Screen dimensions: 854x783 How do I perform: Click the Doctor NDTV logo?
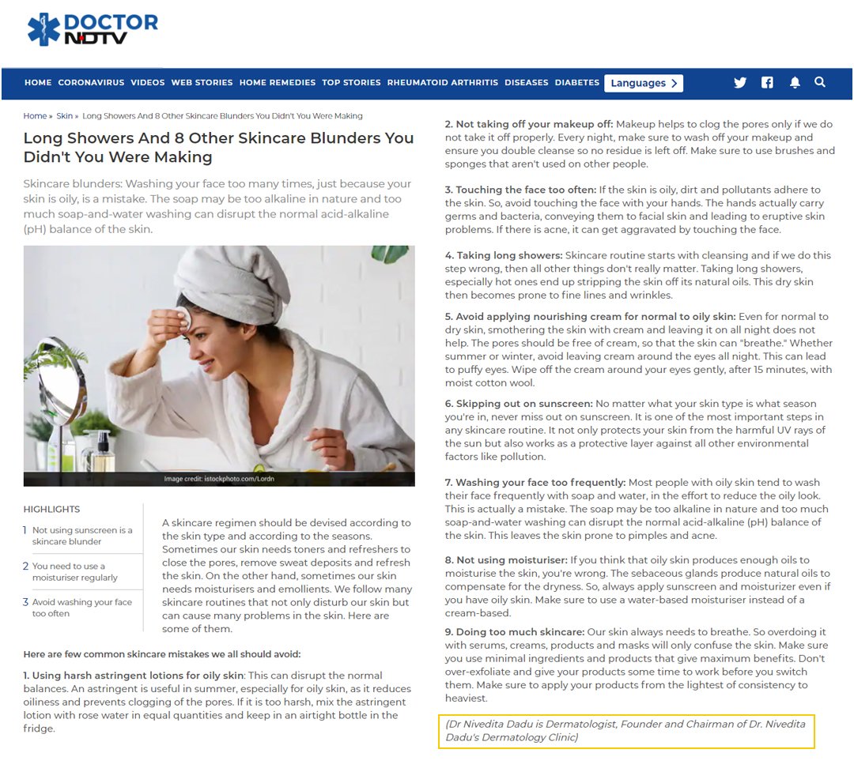coord(93,28)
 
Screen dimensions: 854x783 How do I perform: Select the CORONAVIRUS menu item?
coord(91,83)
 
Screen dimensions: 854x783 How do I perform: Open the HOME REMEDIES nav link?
coord(278,83)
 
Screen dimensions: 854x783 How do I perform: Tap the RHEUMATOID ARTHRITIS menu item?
coord(442,83)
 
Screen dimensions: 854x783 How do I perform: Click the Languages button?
coord(643,83)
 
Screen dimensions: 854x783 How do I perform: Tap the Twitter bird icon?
coord(739,83)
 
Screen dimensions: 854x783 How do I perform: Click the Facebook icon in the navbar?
coord(767,83)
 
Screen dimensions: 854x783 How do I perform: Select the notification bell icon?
coord(795,83)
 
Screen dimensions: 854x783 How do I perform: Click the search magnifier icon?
coord(820,82)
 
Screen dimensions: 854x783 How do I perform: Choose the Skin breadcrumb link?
coord(64,116)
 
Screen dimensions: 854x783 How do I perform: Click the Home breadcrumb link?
coord(35,116)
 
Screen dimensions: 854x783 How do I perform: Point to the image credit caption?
coord(219,479)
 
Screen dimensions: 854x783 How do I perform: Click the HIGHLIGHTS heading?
coord(51,510)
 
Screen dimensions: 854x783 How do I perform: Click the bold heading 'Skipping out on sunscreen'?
coord(519,404)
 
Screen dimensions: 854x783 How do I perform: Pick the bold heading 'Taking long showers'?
coord(504,255)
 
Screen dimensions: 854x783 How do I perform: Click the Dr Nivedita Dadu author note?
coord(626,731)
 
